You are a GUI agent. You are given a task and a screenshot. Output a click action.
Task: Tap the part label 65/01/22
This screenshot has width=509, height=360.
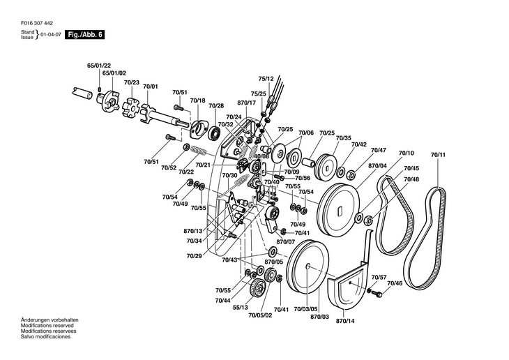pyautogui.click(x=99, y=66)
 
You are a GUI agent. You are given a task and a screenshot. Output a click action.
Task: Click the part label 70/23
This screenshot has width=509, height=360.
pyautogui.click(x=132, y=82)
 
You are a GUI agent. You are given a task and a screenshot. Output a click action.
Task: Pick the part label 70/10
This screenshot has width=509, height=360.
pyautogui.click(x=406, y=153)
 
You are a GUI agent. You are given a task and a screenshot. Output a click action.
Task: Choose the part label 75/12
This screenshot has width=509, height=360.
pyautogui.click(x=266, y=79)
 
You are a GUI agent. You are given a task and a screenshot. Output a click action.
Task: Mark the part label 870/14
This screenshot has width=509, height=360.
pyautogui.click(x=345, y=322)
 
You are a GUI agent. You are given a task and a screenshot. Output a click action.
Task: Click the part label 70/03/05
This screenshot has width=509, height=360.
pyautogui.click(x=305, y=309)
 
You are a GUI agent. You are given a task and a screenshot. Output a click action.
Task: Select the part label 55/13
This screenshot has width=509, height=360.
pyautogui.click(x=240, y=308)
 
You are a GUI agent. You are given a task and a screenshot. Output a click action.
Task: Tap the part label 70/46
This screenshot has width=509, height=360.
pyautogui.click(x=395, y=283)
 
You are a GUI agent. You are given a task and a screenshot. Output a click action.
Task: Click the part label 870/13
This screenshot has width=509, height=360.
pyautogui.click(x=193, y=231)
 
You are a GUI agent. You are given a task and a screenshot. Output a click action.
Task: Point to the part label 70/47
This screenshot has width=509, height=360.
pyautogui.click(x=379, y=150)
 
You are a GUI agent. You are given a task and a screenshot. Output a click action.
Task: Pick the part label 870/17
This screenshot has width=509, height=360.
pyautogui.click(x=247, y=103)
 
